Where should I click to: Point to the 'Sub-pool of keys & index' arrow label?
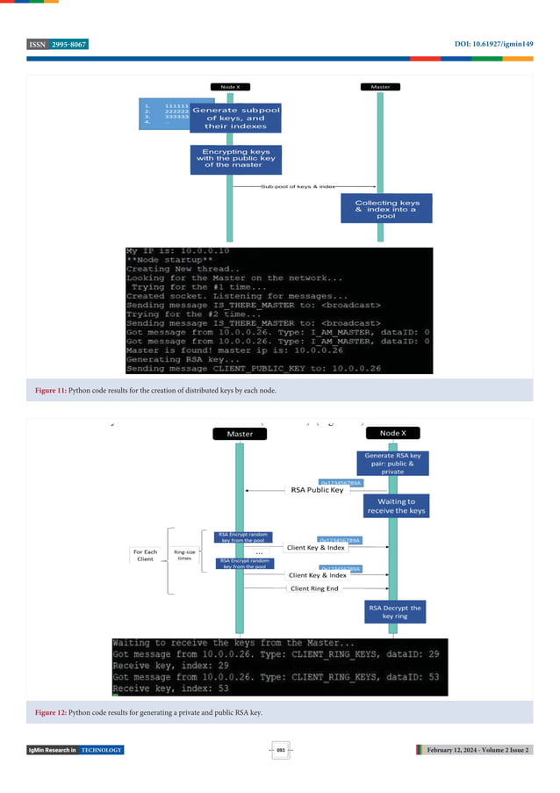tap(298, 187)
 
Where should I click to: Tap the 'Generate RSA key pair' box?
tap(392, 463)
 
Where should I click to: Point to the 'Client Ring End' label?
tap(316, 589)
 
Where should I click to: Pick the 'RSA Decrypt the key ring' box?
tap(392, 611)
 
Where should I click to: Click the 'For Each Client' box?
tap(146, 557)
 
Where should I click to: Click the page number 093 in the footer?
tap(281, 750)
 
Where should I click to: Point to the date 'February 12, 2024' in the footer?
tap(461, 750)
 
